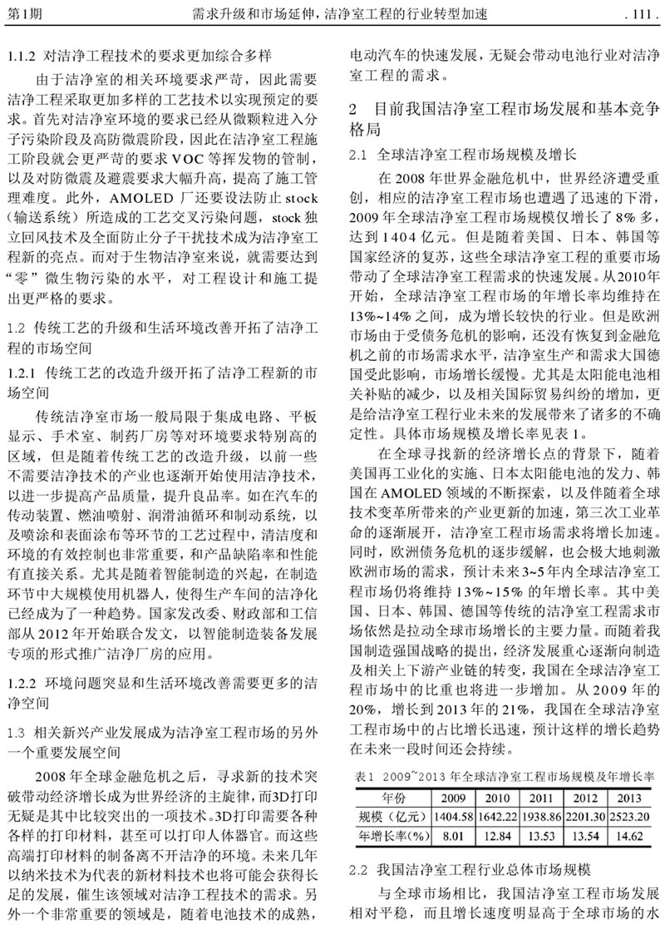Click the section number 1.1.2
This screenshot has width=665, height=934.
pos(22,57)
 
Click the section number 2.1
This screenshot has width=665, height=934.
pos(357,155)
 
